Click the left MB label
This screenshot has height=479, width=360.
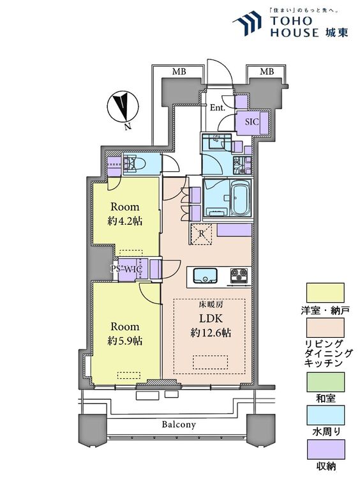[179, 72]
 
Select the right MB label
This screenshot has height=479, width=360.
[267, 72]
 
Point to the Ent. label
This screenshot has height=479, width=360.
[218, 108]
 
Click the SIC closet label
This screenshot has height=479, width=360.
[252, 122]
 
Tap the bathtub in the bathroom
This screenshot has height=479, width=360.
[240, 197]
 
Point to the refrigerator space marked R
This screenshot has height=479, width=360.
[201, 234]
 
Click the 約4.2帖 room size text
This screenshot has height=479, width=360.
[125, 221]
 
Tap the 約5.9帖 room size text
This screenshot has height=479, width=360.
[125, 340]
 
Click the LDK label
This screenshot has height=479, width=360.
[211, 319]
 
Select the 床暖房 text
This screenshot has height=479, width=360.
[211, 304]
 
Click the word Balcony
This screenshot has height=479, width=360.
[179, 424]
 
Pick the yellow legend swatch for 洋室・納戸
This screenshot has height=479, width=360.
[325, 293]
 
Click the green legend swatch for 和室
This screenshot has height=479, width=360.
[326, 382]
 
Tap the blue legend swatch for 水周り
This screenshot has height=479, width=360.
[326, 415]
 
